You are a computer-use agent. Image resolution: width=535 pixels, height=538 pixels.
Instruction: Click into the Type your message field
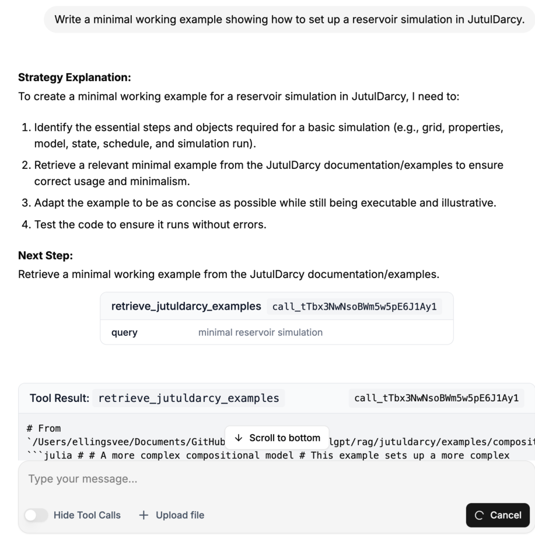[233, 480]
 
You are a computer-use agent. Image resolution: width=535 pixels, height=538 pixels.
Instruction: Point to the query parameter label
[124, 333]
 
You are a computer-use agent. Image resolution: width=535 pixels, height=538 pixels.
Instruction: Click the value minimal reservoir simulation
[260, 333]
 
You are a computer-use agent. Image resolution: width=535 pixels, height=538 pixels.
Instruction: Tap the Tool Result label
[59, 399]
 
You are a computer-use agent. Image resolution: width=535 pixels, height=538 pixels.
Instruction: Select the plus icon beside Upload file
[144, 515]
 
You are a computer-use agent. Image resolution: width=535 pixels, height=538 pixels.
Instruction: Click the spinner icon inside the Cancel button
[480, 515]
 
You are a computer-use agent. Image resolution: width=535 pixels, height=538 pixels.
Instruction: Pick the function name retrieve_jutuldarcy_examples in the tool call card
[186, 306]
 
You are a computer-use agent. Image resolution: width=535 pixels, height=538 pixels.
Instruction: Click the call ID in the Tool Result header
[439, 399]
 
